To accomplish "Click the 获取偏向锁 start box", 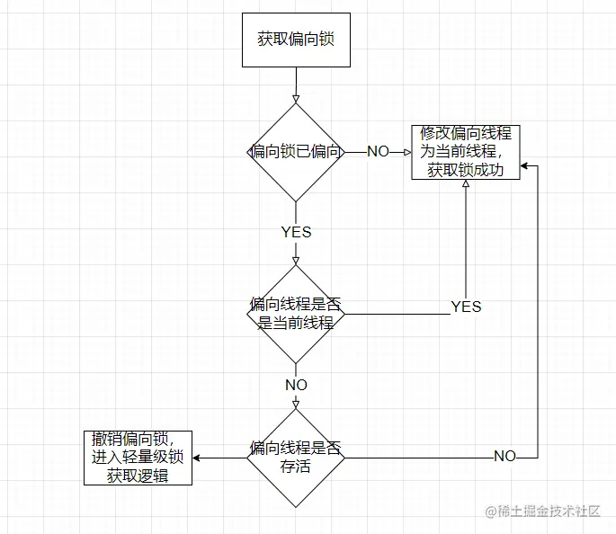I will click(295, 40).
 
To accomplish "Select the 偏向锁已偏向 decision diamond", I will click(295, 152).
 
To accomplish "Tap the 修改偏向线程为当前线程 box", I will click(466, 152).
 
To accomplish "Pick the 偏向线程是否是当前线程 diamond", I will click(295, 313).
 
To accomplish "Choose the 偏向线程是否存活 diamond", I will click(295, 457).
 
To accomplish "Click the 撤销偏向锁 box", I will click(138, 457).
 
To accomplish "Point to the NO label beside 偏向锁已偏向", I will click(378, 152).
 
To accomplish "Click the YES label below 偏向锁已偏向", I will click(295, 232).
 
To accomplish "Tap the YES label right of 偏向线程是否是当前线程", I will click(466, 307).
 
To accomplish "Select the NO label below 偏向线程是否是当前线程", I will click(295, 385).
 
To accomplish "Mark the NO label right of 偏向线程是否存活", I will click(504, 457).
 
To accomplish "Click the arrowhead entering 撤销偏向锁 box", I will click(198, 457).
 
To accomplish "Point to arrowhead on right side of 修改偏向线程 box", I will click(525, 165).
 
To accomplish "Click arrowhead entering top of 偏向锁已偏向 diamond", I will click(295, 98).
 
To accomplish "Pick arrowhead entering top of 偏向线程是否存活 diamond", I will click(295, 404).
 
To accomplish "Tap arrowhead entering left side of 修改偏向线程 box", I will click(406, 152).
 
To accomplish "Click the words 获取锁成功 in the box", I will click(466, 170).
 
